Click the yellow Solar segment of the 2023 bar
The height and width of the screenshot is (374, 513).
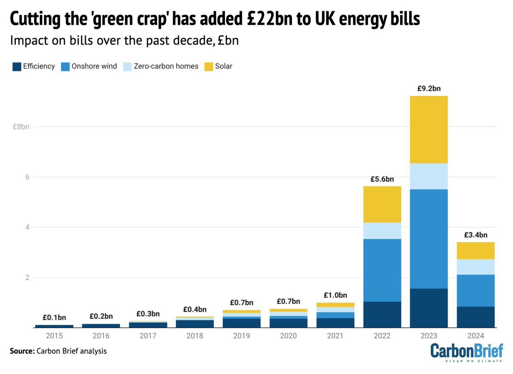coord(428,130)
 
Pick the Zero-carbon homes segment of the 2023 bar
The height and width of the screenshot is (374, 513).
coord(428,176)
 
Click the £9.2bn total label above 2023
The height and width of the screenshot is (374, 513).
coord(428,89)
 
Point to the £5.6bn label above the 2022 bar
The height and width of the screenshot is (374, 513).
coord(382,179)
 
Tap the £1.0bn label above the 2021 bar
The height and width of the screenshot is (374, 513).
coord(335,295)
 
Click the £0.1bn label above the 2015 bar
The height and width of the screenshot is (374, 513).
coord(54,318)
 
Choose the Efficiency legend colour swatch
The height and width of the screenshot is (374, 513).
coord(17,66)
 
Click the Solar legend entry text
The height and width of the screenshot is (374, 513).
coord(224,66)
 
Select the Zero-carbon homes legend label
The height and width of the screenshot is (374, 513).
coord(166,66)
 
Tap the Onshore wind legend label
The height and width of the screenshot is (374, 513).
coord(94,66)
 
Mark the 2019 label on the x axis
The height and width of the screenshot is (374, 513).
coord(242,336)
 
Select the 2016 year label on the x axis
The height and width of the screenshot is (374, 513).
coord(101,336)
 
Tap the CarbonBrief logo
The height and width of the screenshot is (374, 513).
coord(467,352)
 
